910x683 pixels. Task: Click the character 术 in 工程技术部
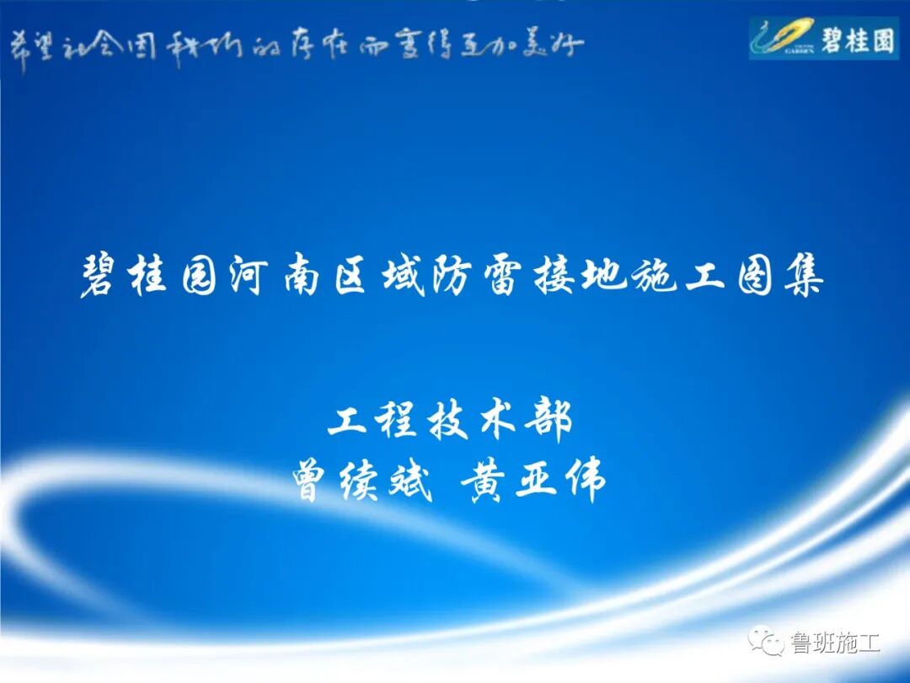(x=500, y=419)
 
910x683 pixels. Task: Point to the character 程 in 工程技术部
(x=398, y=419)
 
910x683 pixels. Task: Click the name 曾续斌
(x=362, y=481)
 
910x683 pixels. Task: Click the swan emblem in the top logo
(x=784, y=38)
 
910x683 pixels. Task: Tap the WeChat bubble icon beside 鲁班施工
(x=768, y=643)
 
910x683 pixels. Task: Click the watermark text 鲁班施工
(x=834, y=644)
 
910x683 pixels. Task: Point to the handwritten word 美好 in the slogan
(x=553, y=44)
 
